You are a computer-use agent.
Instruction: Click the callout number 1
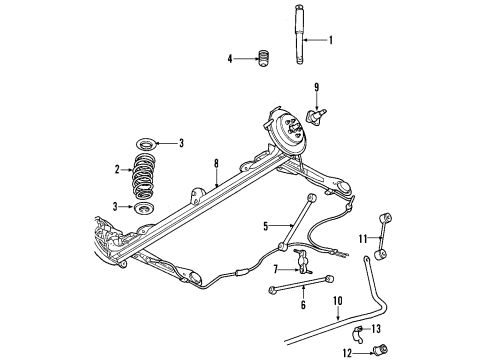click(333, 42)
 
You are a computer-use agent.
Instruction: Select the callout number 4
click(231, 59)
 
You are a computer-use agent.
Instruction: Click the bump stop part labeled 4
click(265, 59)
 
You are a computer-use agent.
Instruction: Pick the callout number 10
click(338, 300)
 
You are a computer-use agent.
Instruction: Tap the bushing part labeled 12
click(380, 351)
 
